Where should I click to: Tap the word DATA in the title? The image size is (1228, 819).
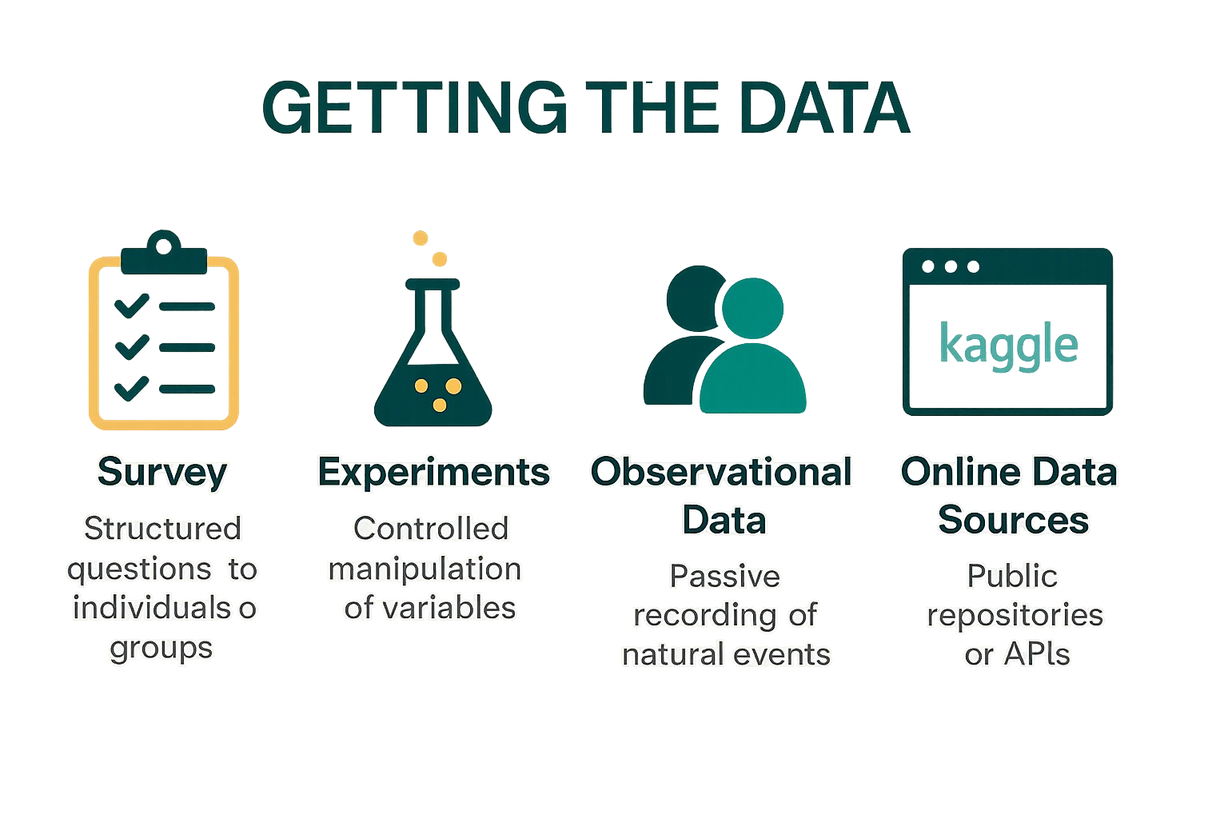click(825, 107)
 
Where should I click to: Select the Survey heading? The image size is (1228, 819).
click(162, 473)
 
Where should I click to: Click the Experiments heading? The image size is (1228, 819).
click(433, 473)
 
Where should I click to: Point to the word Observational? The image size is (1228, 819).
click(721, 472)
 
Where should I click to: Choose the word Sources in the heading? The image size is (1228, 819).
click(1013, 520)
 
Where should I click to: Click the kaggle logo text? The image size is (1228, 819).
click(1009, 345)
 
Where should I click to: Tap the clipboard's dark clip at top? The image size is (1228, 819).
click(164, 254)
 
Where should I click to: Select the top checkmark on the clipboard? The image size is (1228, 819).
click(132, 306)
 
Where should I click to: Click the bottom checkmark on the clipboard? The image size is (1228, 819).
click(132, 389)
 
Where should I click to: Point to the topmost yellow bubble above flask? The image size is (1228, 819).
click(421, 238)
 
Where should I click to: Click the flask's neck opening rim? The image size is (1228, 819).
click(433, 284)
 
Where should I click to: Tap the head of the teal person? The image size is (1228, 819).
click(752, 308)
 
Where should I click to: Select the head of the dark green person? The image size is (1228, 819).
click(692, 298)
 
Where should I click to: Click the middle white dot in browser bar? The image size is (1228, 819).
click(951, 266)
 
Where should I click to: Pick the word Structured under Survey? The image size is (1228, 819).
click(162, 529)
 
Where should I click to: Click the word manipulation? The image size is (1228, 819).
click(425, 569)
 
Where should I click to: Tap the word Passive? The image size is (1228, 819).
click(725, 576)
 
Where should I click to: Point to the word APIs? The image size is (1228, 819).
click(1037, 654)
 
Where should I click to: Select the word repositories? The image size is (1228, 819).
click(1015, 616)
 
